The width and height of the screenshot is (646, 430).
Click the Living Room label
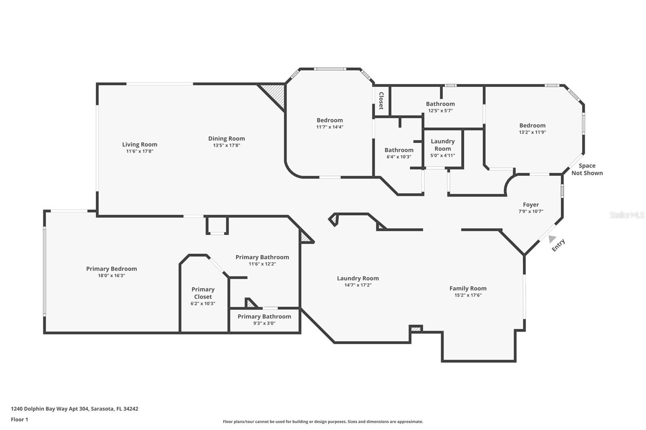[140, 144]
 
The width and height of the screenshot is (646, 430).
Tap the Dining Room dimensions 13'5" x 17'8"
[227, 146]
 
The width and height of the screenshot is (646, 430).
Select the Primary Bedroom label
[111, 269]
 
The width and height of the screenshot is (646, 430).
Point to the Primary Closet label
[203, 293]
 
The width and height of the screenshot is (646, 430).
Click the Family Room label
[468, 288]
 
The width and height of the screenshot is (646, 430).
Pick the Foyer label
[531, 205]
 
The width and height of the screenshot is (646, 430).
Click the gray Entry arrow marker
[552, 239]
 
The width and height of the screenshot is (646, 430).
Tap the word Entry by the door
[558, 245]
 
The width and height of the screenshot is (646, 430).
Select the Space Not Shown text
[587, 169]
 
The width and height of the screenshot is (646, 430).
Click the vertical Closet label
[381, 101]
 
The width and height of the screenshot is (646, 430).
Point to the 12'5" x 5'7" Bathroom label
[440, 107]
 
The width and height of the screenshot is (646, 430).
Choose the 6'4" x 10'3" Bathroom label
[399, 153]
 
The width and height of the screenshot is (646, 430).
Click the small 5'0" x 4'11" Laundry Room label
[443, 148]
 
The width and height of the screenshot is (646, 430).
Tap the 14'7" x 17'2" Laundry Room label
[358, 282]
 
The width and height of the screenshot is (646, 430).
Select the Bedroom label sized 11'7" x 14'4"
[329, 123]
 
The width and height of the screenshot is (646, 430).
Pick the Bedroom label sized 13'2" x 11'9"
[533, 129]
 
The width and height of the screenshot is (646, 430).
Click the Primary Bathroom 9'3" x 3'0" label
[264, 319]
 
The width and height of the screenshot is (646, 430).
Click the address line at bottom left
[74, 409]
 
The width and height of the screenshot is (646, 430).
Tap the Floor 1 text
[19, 420]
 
